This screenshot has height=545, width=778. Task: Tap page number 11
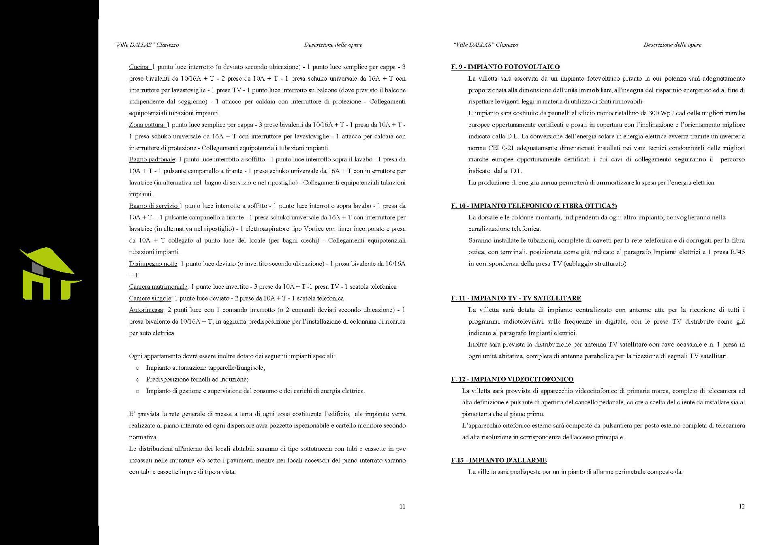[x=402, y=506]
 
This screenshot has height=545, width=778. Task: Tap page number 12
[x=742, y=506]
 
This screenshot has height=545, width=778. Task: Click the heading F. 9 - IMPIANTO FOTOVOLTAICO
[x=505, y=67]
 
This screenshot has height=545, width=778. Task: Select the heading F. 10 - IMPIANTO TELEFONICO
[x=534, y=206]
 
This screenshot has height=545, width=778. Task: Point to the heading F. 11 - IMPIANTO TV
[x=516, y=298]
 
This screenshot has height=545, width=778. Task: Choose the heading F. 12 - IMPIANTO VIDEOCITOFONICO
[x=512, y=380]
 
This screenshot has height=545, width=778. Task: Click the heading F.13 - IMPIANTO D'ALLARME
[x=499, y=460]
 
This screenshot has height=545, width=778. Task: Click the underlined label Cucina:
[x=140, y=67]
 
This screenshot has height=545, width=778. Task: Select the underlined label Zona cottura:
[x=147, y=125]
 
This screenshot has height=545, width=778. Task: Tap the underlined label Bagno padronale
[x=152, y=159]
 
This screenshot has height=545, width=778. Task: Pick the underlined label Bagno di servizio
[x=154, y=206]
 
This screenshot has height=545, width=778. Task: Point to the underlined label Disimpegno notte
[x=153, y=264]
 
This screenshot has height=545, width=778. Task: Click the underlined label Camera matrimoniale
[x=158, y=287]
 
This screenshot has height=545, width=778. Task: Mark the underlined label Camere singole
[x=150, y=298]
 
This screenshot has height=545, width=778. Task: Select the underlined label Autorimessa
[x=146, y=310]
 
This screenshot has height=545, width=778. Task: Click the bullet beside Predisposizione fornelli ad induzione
[x=138, y=380]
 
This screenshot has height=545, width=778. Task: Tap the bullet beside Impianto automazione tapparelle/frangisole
[x=138, y=368]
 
